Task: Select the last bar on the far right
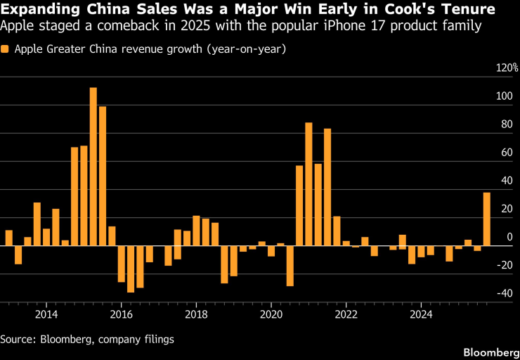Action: point(487,219)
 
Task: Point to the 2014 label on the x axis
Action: point(46,313)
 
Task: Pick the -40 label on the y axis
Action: point(503,294)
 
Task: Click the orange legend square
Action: point(6,50)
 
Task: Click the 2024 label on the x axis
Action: point(421,313)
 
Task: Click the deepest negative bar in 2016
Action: point(131,269)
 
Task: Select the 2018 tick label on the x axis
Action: point(196,313)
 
